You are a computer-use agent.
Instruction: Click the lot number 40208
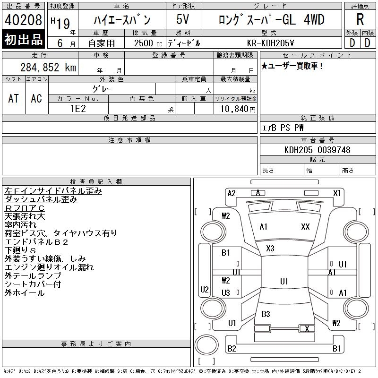tap(23, 20)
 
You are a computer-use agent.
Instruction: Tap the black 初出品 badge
tap(23, 39)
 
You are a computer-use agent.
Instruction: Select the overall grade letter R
tap(360, 19)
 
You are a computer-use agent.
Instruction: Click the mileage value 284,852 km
tap(48, 67)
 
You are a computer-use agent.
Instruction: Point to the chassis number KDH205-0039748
tap(317, 150)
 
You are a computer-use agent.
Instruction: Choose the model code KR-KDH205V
tap(270, 43)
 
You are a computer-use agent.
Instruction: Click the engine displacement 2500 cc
tap(148, 43)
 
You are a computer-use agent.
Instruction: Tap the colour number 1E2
tap(78, 109)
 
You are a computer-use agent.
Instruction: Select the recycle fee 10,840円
tap(238, 109)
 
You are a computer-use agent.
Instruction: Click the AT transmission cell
tap(14, 98)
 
